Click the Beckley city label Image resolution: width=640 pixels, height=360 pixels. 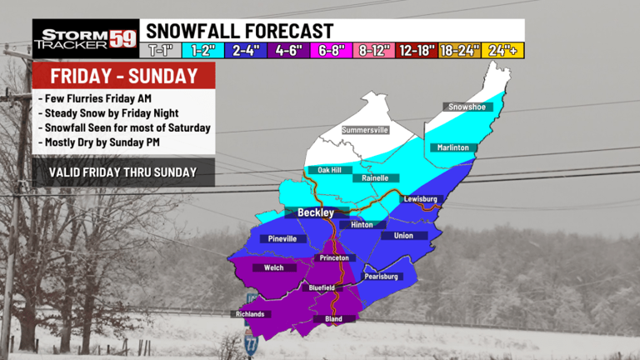[x=316, y=212]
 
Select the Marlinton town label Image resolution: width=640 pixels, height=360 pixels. [x=455, y=147]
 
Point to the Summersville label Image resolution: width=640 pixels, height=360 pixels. [x=367, y=130]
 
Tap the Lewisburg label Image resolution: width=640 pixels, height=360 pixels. [x=420, y=199]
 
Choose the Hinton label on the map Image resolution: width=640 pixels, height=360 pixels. [x=362, y=224]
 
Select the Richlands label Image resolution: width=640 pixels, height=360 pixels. [x=248, y=314]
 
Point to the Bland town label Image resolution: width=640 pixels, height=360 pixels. [x=333, y=319]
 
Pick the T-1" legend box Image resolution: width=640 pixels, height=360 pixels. [x=165, y=50]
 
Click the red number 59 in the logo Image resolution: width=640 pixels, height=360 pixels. [x=122, y=38]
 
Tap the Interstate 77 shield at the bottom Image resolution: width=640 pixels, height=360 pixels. [x=251, y=342]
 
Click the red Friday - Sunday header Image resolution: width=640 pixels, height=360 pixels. [x=124, y=77]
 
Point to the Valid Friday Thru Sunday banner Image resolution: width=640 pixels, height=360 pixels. [x=122, y=172]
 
